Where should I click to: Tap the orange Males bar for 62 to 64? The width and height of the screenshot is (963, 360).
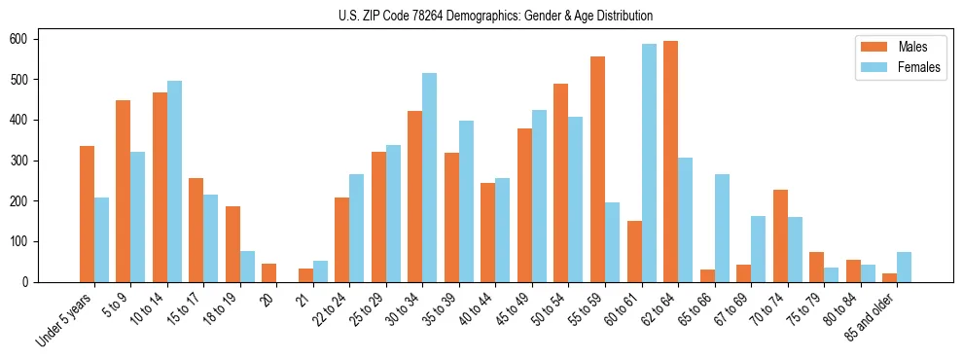pos(670,162)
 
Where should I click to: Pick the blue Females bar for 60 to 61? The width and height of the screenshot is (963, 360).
pos(649,162)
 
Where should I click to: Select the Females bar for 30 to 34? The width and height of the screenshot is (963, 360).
pos(430,177)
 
